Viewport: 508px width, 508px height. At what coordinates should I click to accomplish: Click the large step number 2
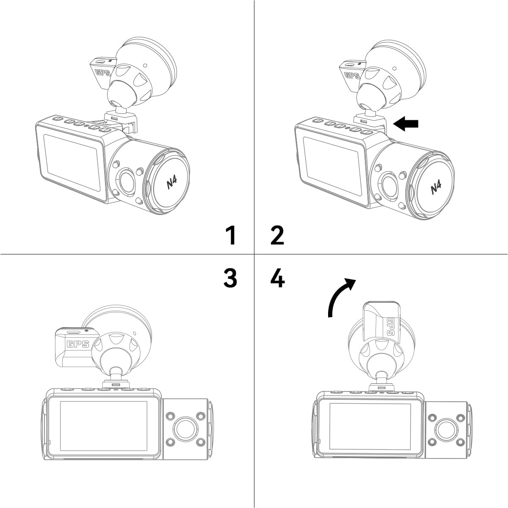[277, 235]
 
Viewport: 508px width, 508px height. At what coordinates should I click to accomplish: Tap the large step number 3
[230, 278]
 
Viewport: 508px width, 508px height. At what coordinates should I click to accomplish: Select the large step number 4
[278, 278]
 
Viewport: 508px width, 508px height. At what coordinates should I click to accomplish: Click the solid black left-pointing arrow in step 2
[406, 124]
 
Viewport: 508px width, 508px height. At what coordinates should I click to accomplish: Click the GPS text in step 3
[78, 344]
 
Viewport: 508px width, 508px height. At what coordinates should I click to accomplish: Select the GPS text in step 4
[390, 327]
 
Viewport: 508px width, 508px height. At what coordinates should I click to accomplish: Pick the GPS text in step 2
[352, 75]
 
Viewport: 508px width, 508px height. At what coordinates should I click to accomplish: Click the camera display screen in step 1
[72, 163]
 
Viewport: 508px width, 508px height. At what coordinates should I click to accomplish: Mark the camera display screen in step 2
[331, 166]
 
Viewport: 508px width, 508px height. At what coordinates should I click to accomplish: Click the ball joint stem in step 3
[116, 374]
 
